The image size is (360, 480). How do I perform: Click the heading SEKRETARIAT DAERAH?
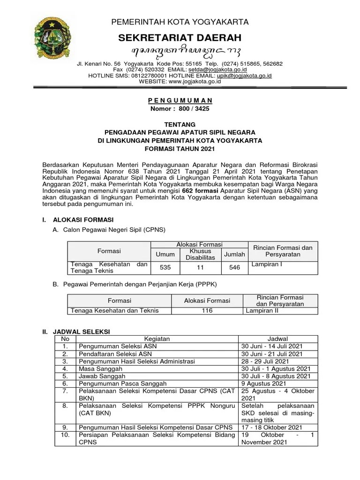(x=180, y=38)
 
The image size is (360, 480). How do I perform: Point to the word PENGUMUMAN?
(x=180, y=101)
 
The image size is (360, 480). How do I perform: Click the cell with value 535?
(x=165, y=268)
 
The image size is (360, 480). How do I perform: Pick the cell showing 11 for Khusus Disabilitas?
(x=200, y=268)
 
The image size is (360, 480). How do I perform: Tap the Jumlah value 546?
(x=234, y=268)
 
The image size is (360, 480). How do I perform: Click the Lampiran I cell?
(x=267, y=264)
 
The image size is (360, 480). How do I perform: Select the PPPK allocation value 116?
(x=207, y=310)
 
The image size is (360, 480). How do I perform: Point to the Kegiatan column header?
(x=157, y=339)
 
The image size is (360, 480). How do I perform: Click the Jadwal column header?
(x=278, y=339)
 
